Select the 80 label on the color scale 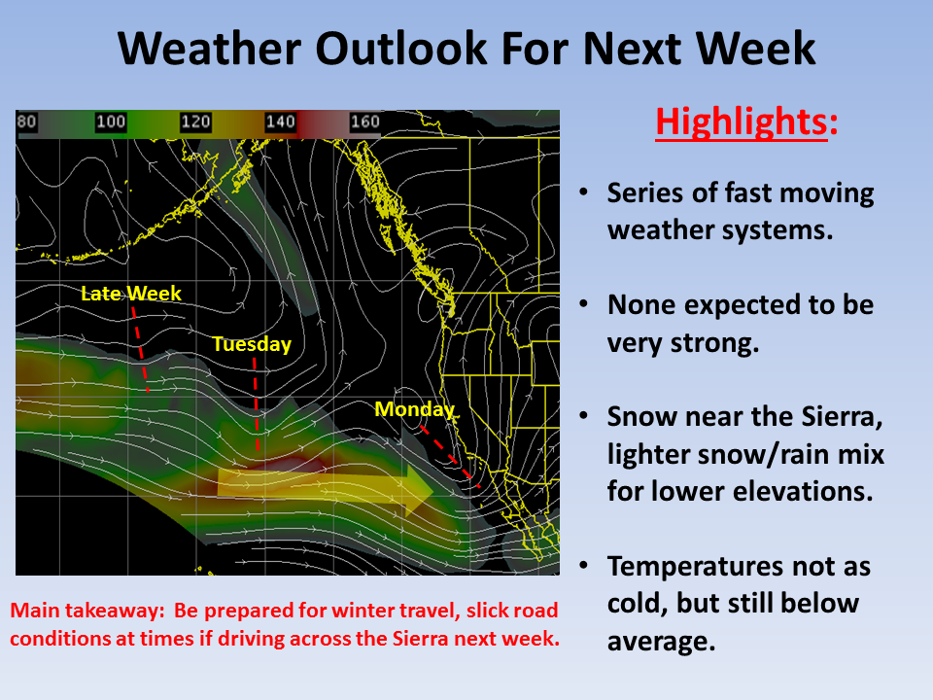point(27,122)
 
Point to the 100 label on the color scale point(111,122)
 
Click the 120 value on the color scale point(195,122)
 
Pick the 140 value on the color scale point(280,122)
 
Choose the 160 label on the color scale point(364,122)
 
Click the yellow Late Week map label point(131,294)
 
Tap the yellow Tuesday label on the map point(252,344)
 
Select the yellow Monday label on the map point(415,409)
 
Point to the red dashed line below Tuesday point(256,404)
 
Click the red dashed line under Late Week point(140,349)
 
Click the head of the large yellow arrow point(419,490)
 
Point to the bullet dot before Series point(584,192)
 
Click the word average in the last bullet point(661,642)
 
